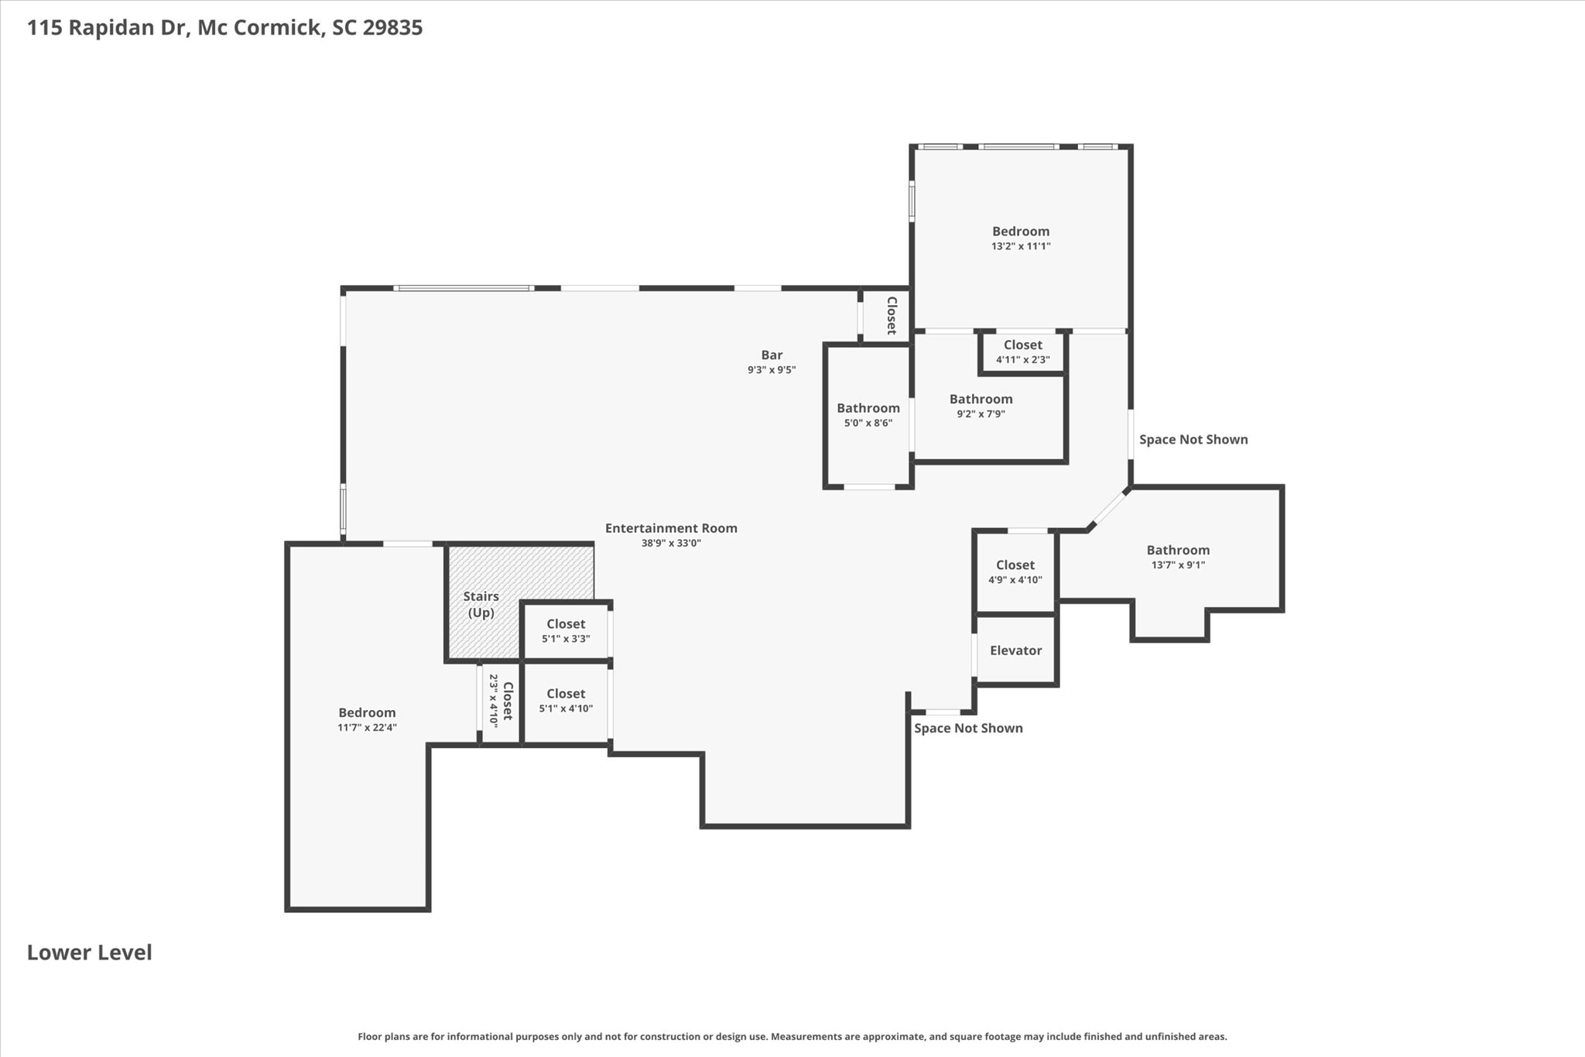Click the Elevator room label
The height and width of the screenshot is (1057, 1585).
point(1015,650)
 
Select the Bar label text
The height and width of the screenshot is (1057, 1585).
point(772,355)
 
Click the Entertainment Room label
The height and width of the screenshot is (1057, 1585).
point(671,528)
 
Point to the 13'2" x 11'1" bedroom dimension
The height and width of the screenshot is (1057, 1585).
point(1021,246)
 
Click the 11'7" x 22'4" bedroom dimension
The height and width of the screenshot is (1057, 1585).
point(367,727)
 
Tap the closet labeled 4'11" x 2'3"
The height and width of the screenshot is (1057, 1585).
point(1023,352)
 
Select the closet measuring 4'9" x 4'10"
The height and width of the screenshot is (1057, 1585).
point(1015,572)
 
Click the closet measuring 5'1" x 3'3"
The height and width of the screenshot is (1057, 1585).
point(566,631)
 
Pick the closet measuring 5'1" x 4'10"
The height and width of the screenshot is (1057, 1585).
point(566,701)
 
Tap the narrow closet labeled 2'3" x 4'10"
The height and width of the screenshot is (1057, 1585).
point(500,702)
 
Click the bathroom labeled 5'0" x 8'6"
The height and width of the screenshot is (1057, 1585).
point(868,415)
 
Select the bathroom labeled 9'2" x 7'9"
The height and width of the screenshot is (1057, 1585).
point(981,406)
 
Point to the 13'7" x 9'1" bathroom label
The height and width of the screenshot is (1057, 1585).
point(1178,558)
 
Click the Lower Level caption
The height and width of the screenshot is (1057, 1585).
point(90,952)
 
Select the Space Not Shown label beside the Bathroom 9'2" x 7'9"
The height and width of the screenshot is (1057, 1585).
point(1193,440)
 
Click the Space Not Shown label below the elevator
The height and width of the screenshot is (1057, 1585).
point(968,728)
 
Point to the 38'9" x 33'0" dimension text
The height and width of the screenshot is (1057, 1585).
point(671,544)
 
